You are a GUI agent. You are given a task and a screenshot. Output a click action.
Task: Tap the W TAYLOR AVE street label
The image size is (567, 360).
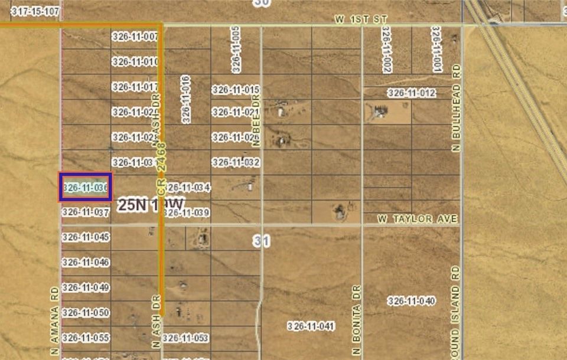click(x=418, y=219)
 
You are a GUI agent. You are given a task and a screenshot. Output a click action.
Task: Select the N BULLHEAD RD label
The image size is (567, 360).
click(x=455, y=109)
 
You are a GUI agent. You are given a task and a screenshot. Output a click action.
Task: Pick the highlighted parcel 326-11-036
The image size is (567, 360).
click(x=85, y=187)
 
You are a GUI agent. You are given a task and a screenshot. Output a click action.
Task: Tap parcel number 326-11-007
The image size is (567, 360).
click(x=135, y=37)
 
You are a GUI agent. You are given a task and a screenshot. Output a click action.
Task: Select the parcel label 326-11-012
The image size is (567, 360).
click(x=412, y=93)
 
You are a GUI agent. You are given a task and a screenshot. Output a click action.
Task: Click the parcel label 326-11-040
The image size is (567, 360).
click(x=412, y=301)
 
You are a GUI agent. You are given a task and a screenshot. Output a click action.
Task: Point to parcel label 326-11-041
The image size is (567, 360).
click(x=311, y=326)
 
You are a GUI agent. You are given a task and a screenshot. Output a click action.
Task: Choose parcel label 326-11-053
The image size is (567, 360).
click(x=185, y=338)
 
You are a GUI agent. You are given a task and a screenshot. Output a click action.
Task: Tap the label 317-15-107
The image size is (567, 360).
click(x=35, y=11)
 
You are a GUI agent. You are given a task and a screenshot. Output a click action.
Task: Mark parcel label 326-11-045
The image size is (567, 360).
click(x=86, y=237)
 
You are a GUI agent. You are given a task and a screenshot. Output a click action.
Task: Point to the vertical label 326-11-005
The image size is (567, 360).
click(x=236, y=49)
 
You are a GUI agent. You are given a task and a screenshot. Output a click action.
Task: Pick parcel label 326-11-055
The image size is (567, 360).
click(x=86, y=338)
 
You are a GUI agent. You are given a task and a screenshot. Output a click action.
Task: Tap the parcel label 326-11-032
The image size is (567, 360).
click(x=236, y=162)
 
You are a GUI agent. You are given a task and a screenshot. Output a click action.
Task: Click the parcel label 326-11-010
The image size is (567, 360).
click(x=135, y=61)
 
